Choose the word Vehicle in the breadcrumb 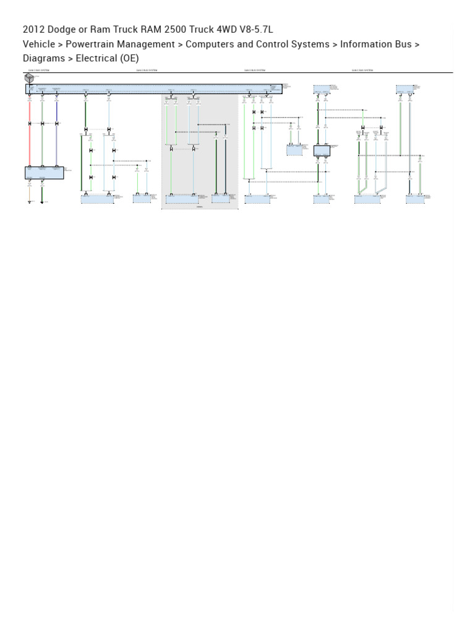38,44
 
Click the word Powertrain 92,44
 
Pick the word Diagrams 44,58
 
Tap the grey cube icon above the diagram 29,78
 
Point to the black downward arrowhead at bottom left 42,202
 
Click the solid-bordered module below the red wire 44,173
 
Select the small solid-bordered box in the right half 322,150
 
